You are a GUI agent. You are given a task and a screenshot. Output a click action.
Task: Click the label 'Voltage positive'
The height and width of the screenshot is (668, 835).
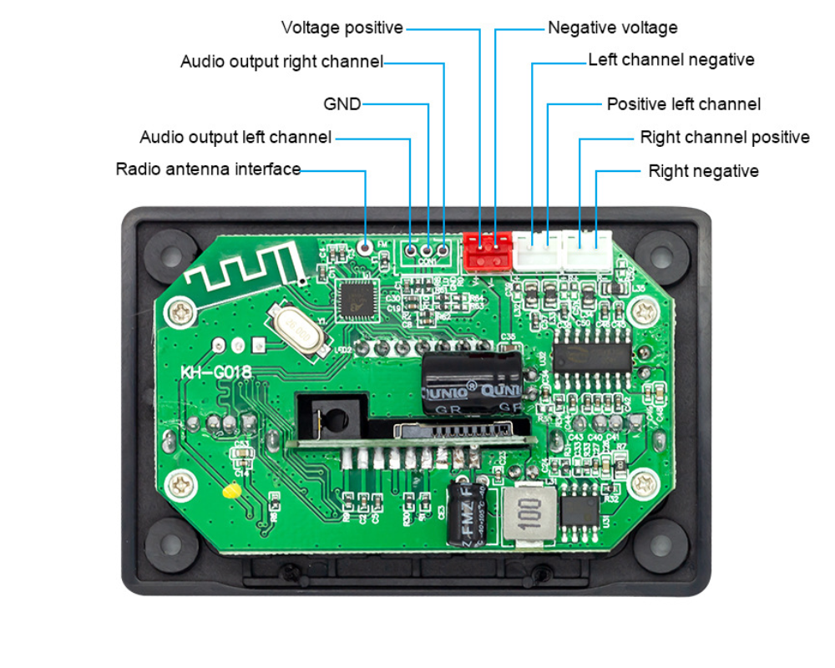click(x=342, y=28)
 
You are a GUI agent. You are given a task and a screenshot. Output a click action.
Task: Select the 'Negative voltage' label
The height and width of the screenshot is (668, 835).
click(x=612, y=28)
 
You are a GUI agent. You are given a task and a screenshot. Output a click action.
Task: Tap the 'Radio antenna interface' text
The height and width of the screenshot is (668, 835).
click(x=208, y=170)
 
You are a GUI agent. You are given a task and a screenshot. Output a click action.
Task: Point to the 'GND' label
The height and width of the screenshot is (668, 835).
click(x=342, y=104)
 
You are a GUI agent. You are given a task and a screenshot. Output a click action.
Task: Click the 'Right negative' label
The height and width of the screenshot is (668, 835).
click(x=703, y=171)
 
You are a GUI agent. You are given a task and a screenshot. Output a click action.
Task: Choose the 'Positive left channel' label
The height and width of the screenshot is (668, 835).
click(x=683, y=104)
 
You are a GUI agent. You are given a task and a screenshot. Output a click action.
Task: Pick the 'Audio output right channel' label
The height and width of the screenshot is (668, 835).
click(x=281, y=62)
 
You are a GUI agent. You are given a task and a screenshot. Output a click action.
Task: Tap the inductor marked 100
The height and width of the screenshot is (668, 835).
click(x=526, y=515)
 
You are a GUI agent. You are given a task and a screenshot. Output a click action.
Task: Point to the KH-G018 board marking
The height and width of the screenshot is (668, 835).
click(x=216, y=372)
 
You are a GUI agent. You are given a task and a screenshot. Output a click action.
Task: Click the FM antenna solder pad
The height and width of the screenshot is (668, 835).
click(x=365, y=245)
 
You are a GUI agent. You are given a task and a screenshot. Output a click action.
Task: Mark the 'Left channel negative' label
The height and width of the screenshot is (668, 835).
click(x=671, y=60)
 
